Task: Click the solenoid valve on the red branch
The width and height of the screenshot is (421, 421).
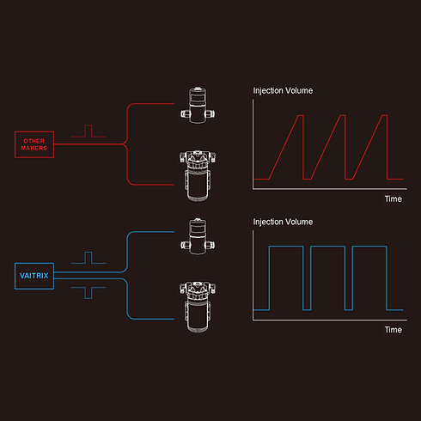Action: click(198, 105)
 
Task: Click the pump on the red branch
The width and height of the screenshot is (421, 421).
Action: click(198, 176)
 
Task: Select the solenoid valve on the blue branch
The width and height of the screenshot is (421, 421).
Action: click(198, 236)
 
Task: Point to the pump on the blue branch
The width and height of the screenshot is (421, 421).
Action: click(198, 307)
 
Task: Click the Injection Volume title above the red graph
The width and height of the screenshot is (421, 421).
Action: click(283, 91)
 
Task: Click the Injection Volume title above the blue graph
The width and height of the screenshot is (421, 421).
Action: click(283, 222)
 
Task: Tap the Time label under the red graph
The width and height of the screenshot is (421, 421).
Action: click(394, 198)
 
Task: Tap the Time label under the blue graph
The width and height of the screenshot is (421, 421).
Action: click(394, 330)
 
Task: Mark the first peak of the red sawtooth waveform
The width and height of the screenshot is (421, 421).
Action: click(301, 115)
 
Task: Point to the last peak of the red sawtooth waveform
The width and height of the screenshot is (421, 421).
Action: click(385, 115)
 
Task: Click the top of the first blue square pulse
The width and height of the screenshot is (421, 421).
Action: click(286, 247)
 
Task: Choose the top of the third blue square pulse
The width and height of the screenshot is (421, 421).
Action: click(369, 247)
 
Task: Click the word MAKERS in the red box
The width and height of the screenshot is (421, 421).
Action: click(34, 148)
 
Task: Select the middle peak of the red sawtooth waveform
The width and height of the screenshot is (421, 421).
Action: click(343, 115)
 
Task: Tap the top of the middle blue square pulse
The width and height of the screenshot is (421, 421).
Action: click(328, 247)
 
